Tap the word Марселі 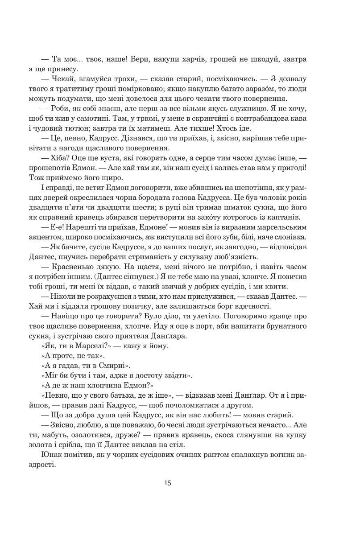pos(88,346)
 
